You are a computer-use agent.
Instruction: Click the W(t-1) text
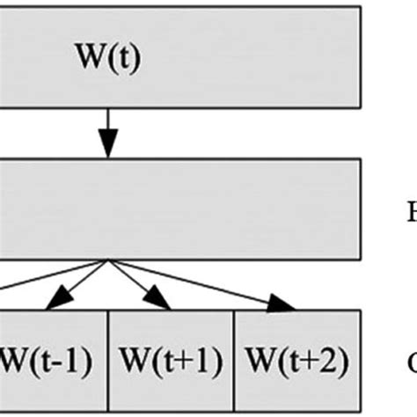45,362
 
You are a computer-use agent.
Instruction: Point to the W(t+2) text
296,362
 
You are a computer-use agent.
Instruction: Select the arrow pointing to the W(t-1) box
80,282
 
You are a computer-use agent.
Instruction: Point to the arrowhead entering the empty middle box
107,147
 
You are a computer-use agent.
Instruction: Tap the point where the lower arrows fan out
107,260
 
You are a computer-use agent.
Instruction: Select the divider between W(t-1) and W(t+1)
107,361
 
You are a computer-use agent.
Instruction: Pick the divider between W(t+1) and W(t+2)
233,361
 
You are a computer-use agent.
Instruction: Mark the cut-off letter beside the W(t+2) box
412,362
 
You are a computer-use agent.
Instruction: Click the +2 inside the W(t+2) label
326,362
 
